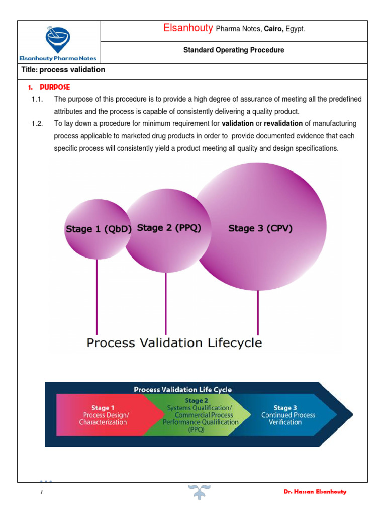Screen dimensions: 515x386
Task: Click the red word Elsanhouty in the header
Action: click(x=188, y=29)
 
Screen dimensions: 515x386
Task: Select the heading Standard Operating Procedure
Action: click(x=234, y=50)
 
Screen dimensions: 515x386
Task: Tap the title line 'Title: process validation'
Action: click(x=63, y=70)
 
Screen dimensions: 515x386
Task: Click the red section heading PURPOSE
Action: click(x=55, y=87)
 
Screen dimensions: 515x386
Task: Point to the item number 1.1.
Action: click(x=37, y=99)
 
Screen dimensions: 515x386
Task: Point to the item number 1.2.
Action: click(x=37, y=123)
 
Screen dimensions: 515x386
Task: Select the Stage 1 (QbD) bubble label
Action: click(x=99, y=229)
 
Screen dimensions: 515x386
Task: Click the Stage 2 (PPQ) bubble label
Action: click(x=169, y=228)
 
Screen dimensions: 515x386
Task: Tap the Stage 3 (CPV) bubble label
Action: click(x=260, y=228)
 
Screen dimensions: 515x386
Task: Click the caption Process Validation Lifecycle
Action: click(x=174, y=343)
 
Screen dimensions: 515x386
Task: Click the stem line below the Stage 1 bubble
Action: click(x=97, y=297)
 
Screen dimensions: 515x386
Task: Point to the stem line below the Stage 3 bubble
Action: click(x=258, y=312)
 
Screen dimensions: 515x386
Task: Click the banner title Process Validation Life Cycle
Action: click(x=182, y=389)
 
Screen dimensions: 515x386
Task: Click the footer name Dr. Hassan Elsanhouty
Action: click(x=315, y=492)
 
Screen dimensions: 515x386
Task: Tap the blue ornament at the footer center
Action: click(x=199, y=491)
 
